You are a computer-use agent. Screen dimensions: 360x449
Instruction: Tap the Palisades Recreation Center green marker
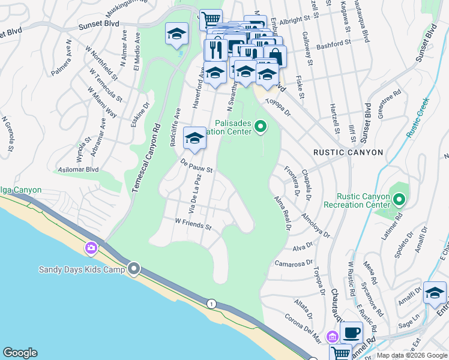click(261, 126)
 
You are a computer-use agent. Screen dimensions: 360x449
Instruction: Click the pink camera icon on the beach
click(91, 247)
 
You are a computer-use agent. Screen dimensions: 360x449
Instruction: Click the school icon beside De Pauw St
click(194, 139)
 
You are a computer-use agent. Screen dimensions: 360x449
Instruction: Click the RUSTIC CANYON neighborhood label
click(348, 152)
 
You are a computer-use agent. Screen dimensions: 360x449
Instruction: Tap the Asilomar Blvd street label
click(76, 170)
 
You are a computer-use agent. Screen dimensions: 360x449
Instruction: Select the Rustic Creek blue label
click(418, 118)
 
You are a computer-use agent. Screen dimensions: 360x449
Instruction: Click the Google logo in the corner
click(20, 353)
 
